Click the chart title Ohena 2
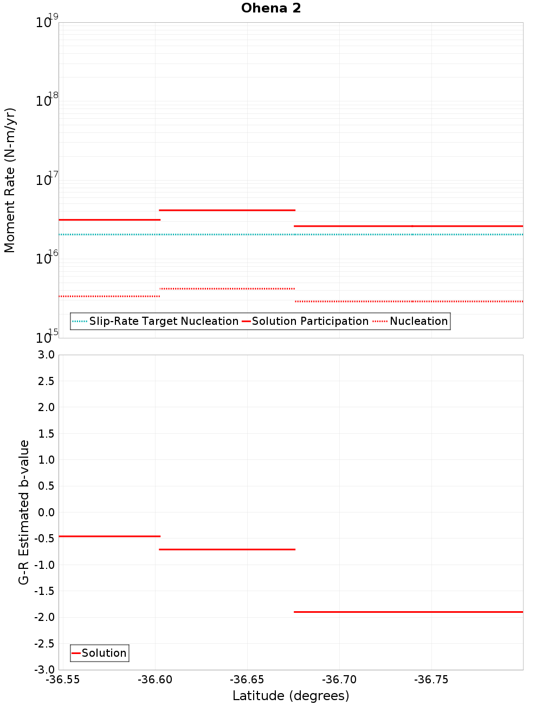coord(271,8)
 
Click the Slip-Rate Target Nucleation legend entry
coord(163,322)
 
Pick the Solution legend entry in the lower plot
coord(104,653)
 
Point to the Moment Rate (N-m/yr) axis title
coord(10,180)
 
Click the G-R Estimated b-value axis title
coord(24,512)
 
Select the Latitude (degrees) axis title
coord(291,696)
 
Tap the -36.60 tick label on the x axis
coord(155,680)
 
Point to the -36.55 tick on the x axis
coord(63,680)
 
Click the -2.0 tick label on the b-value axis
coord(44,617)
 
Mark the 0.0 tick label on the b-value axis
coord(46,512)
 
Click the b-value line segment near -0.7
coord(227,549)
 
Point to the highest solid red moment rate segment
coord(227,210)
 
